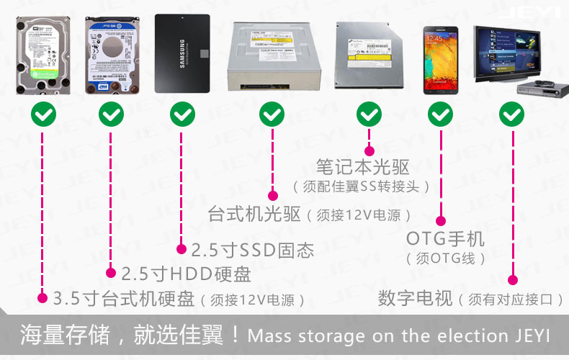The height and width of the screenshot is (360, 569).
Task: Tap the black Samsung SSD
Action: (182, 53)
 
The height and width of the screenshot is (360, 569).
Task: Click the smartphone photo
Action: (440, 59)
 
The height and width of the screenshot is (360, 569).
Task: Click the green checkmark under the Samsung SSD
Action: (182, 114)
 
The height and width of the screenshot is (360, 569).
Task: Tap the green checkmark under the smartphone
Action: (440, 114)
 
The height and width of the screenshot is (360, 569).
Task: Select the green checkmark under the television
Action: (512, 114)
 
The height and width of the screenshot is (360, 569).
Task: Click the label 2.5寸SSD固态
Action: (252, 251)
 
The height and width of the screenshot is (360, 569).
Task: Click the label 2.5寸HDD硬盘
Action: (186, 274)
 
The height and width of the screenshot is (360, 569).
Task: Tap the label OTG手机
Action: (445, 238)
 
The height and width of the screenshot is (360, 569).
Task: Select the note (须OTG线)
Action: (445, 258)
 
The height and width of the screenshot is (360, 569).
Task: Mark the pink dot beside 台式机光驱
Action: (272, 194)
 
